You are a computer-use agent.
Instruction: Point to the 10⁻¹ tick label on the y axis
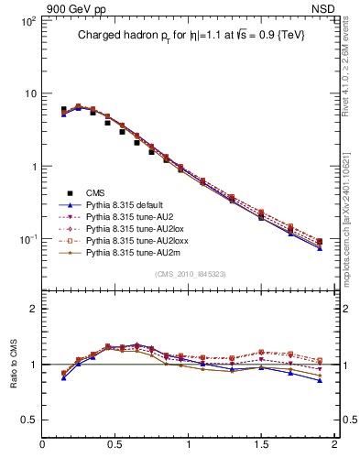27,239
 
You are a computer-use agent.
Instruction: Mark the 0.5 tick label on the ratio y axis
28,420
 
